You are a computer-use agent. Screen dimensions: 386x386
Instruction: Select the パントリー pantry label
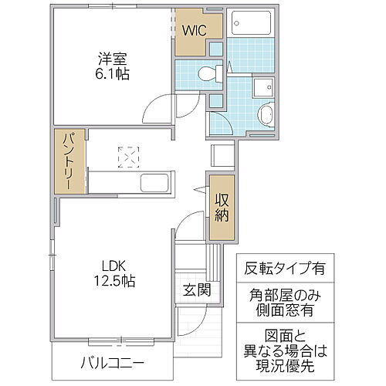click(68, 163)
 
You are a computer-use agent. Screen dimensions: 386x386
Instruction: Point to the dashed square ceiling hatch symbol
click(126, 156)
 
